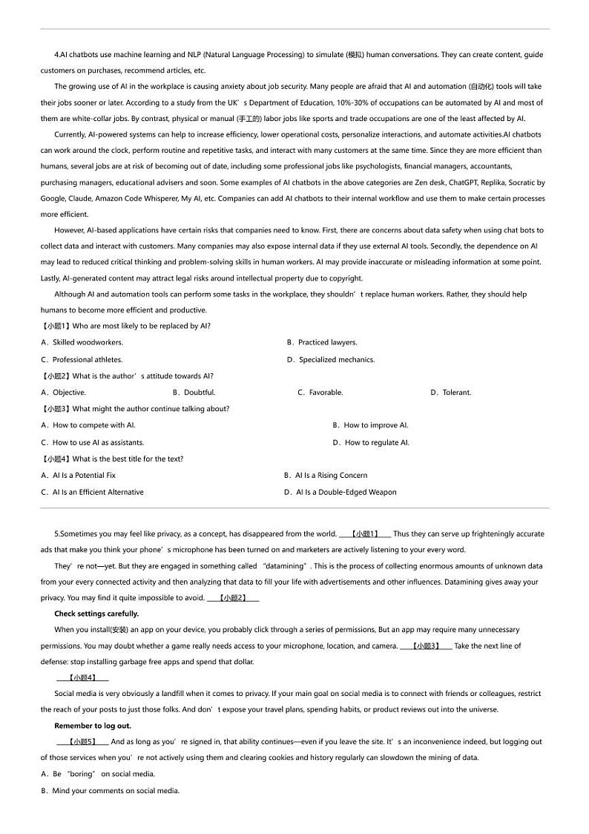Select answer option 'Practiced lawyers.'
(327, 343)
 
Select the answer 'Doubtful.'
(200, 393)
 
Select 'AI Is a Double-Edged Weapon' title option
(346, 493)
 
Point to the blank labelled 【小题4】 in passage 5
(82, 677)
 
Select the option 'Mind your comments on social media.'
(116, 791)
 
